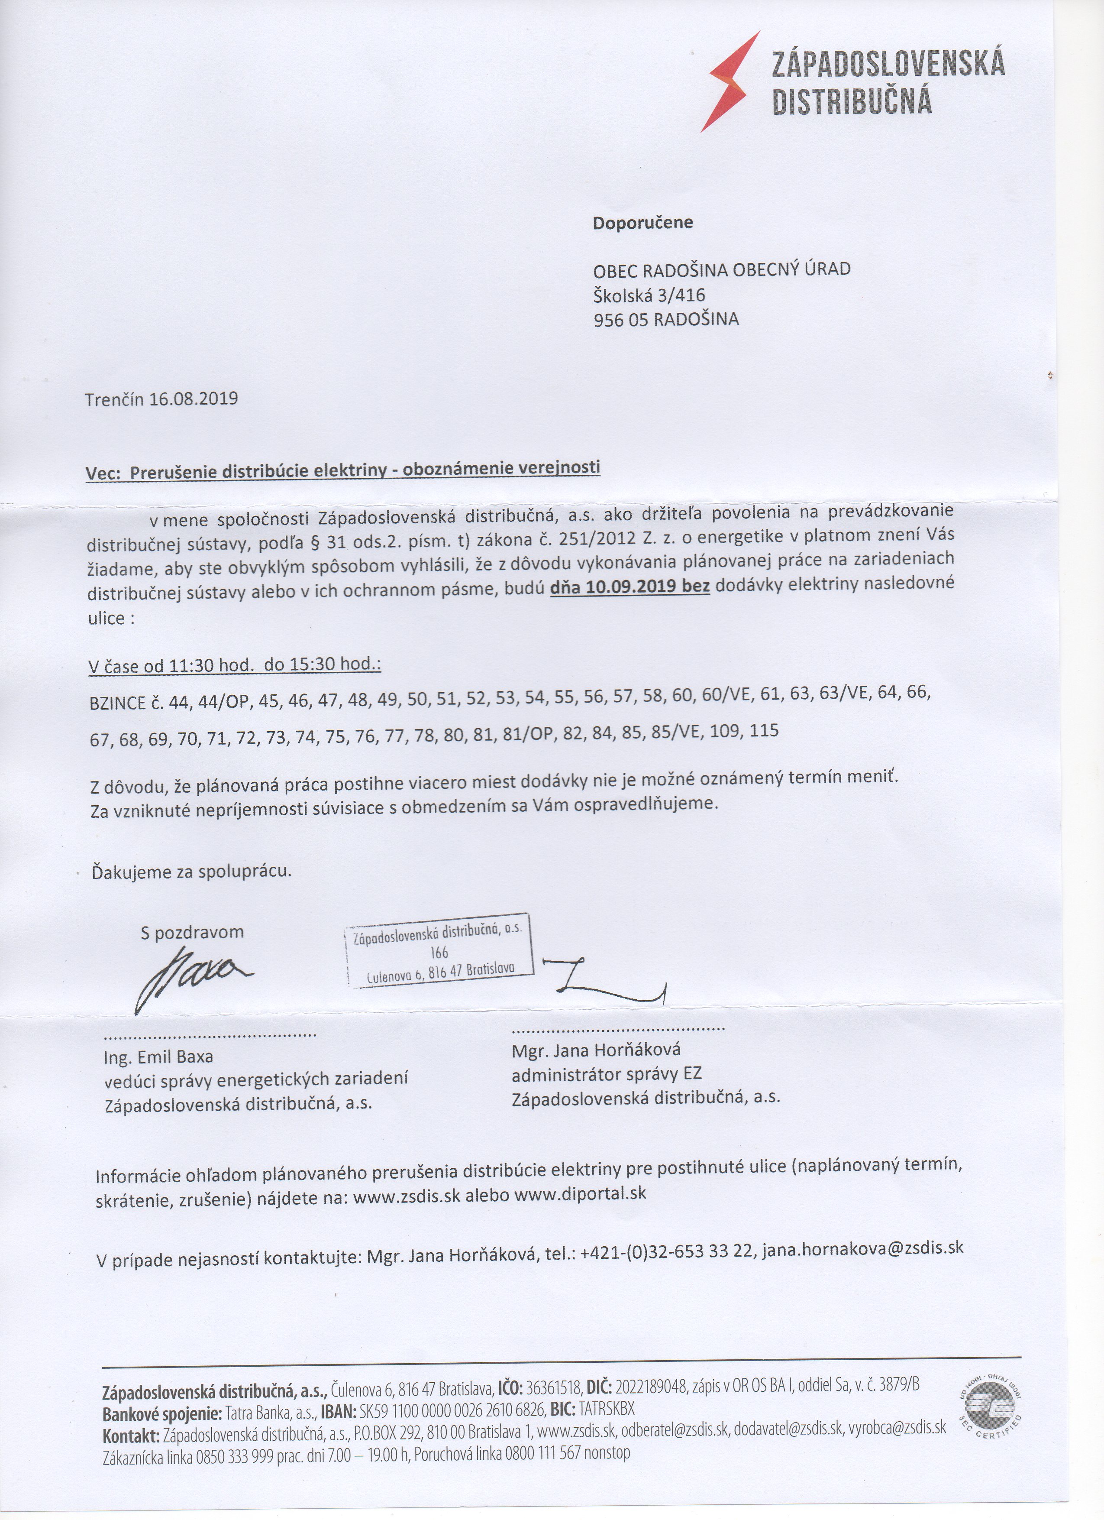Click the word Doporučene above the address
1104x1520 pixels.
[642, 223]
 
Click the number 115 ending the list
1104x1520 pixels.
[765, 730]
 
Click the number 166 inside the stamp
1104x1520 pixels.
[439, 953]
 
